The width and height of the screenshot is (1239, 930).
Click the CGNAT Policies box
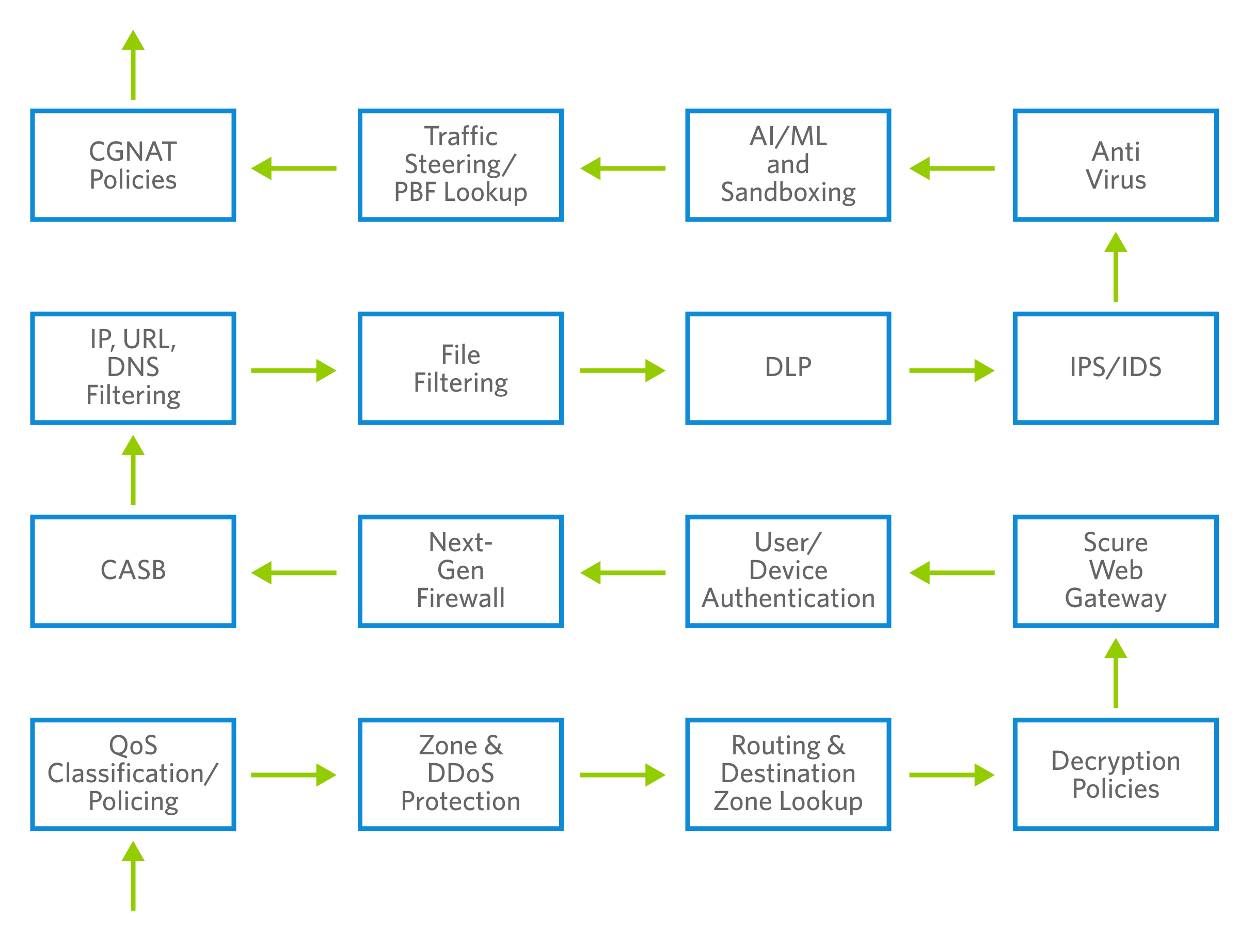coord(133,165)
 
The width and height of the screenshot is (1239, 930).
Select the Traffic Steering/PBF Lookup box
coord(460,165)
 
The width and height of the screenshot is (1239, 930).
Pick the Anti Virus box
coord(1115,165)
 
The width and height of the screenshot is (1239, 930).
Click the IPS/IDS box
coord(1115,368)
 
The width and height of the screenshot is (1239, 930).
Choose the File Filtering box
coord(460,368)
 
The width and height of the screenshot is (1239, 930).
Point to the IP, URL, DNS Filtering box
coord(133,368)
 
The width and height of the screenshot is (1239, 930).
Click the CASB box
coord(133,571)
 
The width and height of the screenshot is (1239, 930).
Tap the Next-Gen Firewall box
coord(460,571)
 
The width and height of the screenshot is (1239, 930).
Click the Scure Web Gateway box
coord(1115,571)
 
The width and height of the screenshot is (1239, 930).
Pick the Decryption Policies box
coord(1115,774)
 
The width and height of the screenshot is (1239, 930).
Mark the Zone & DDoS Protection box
coord(460,774)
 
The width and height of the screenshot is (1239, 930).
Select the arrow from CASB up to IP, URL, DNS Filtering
coord(133,470)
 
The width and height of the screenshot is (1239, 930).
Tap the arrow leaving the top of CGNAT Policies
coord(133,65)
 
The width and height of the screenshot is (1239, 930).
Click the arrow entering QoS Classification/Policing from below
coord(133,876)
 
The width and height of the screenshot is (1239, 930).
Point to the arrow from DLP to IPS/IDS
coord(951,370)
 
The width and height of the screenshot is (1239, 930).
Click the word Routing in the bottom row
coord(776,746)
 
